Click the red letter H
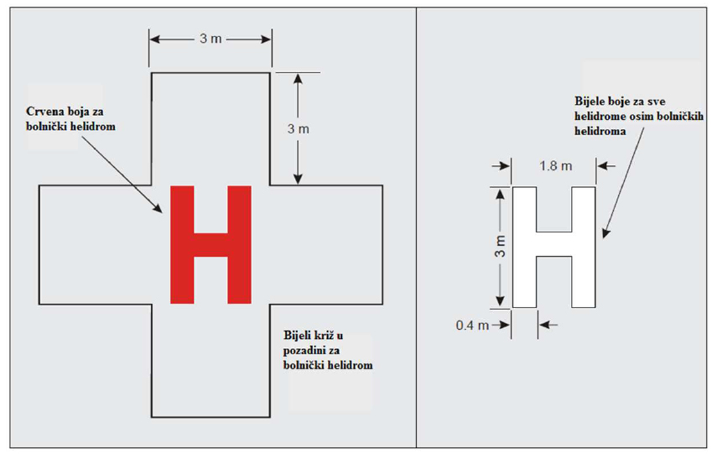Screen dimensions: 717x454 (x=210, y=244)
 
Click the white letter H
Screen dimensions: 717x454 (x=553, y=247)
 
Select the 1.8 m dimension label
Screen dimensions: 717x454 (x=556, y=165)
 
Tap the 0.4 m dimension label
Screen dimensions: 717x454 (x=472, y=326)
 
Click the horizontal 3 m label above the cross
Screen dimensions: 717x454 (x=210, y=39)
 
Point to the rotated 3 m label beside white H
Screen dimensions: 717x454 (x=501, y=246)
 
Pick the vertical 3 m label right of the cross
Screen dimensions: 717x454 (x=299, y=129)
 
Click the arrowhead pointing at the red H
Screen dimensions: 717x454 (x=158, y=209)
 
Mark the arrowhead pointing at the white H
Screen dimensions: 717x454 (x=605, y=232)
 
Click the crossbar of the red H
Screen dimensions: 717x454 (x=210, y=244)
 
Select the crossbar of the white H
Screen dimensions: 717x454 (x=553, y=244)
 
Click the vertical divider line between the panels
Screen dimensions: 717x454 (x=416, y=227)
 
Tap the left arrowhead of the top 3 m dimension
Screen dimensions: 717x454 (x=155, y=39)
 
